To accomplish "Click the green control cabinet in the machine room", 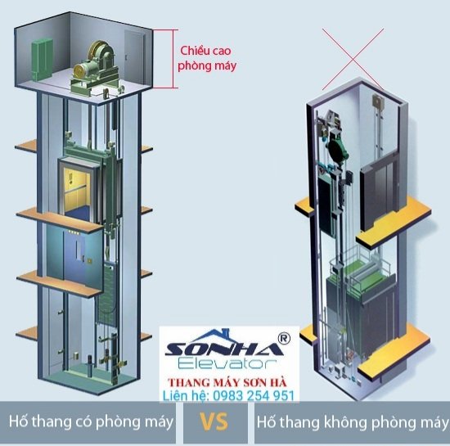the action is (42, 59).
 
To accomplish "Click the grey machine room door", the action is (134, 58).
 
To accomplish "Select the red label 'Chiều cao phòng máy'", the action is (207, 58).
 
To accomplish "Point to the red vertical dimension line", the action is (173, 59).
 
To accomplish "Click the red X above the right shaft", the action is (353, 59).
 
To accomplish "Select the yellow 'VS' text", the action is (214, 422).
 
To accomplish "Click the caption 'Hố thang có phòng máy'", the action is (91, 422).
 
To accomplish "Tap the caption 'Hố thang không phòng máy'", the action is (353, 423).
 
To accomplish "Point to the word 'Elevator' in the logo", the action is (227, 363).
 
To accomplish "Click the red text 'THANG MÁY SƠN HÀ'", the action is (227, 382).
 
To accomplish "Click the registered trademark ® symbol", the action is (284, 338).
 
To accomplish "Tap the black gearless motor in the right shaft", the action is (338, 150).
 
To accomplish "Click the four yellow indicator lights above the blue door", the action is (74, 232).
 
